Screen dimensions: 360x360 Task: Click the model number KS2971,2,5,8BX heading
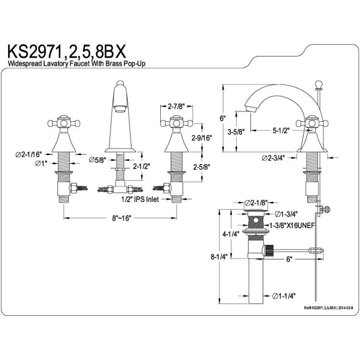[67, 52]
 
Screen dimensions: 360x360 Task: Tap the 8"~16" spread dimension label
[121, 218]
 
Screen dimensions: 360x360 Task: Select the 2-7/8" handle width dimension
[176, 106]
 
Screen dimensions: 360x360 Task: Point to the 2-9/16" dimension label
[202, 138]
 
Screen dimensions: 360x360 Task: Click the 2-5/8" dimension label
[202, 167]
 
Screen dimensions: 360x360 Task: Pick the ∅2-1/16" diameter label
[29, 155]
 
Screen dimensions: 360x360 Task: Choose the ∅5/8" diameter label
[97, 160]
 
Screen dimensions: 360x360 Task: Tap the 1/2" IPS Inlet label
[140, 199]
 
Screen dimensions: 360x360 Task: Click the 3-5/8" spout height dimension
[236, 132]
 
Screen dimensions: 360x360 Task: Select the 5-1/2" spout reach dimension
[281, 131]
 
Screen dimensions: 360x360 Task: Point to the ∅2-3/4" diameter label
[273, 158]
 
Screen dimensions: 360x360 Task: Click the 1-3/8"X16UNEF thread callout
[291, 226]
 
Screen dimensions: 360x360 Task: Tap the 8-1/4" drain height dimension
[219, 256]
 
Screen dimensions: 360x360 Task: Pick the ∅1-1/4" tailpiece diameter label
[284, 296]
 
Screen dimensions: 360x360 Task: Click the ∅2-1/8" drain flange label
[256, 203]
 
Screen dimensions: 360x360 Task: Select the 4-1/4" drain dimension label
[231, 234]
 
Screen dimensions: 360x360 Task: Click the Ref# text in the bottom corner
[328, 308]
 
